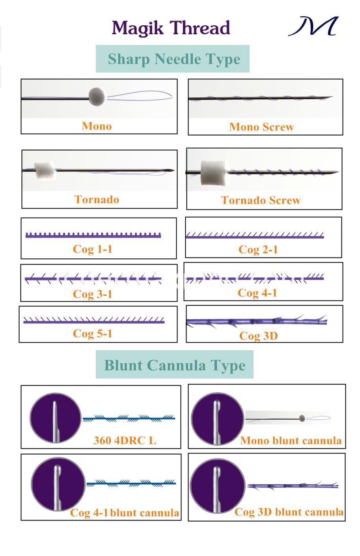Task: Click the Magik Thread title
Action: [x=171, y=28]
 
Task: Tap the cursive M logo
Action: [x=313, y=26]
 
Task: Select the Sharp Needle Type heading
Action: [x=174, y=59]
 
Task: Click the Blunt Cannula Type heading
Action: [x=175, y=366]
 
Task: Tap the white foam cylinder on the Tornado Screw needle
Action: [x=215, y=172]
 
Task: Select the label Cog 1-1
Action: [x=92, y=249]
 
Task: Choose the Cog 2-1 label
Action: [x=258, y=250]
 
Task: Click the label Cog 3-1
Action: [x=92, y=294]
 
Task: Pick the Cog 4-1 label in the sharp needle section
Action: [x=257, y=293]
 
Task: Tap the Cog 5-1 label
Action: [x=92, y=333]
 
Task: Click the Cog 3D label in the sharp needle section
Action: [x=258, y=336]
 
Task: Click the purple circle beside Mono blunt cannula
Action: [x=218, y=419]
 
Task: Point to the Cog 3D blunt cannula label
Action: [x=289, y=512]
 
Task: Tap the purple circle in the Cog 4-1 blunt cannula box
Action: [x=58, y=484]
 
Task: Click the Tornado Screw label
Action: [x=261, y=200]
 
